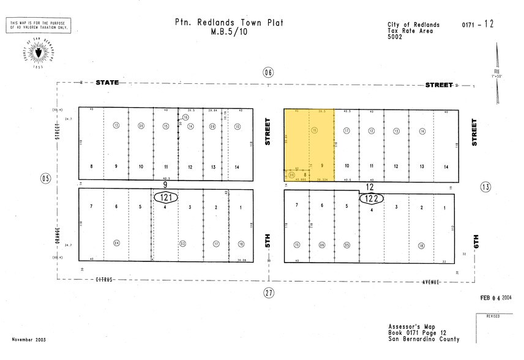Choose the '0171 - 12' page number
(477, 24)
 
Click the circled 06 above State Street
(268, 72)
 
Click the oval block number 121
(166, 198)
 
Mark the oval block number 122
(371, 198)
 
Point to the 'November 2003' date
(29, 340)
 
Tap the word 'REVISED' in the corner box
(493, 317)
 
